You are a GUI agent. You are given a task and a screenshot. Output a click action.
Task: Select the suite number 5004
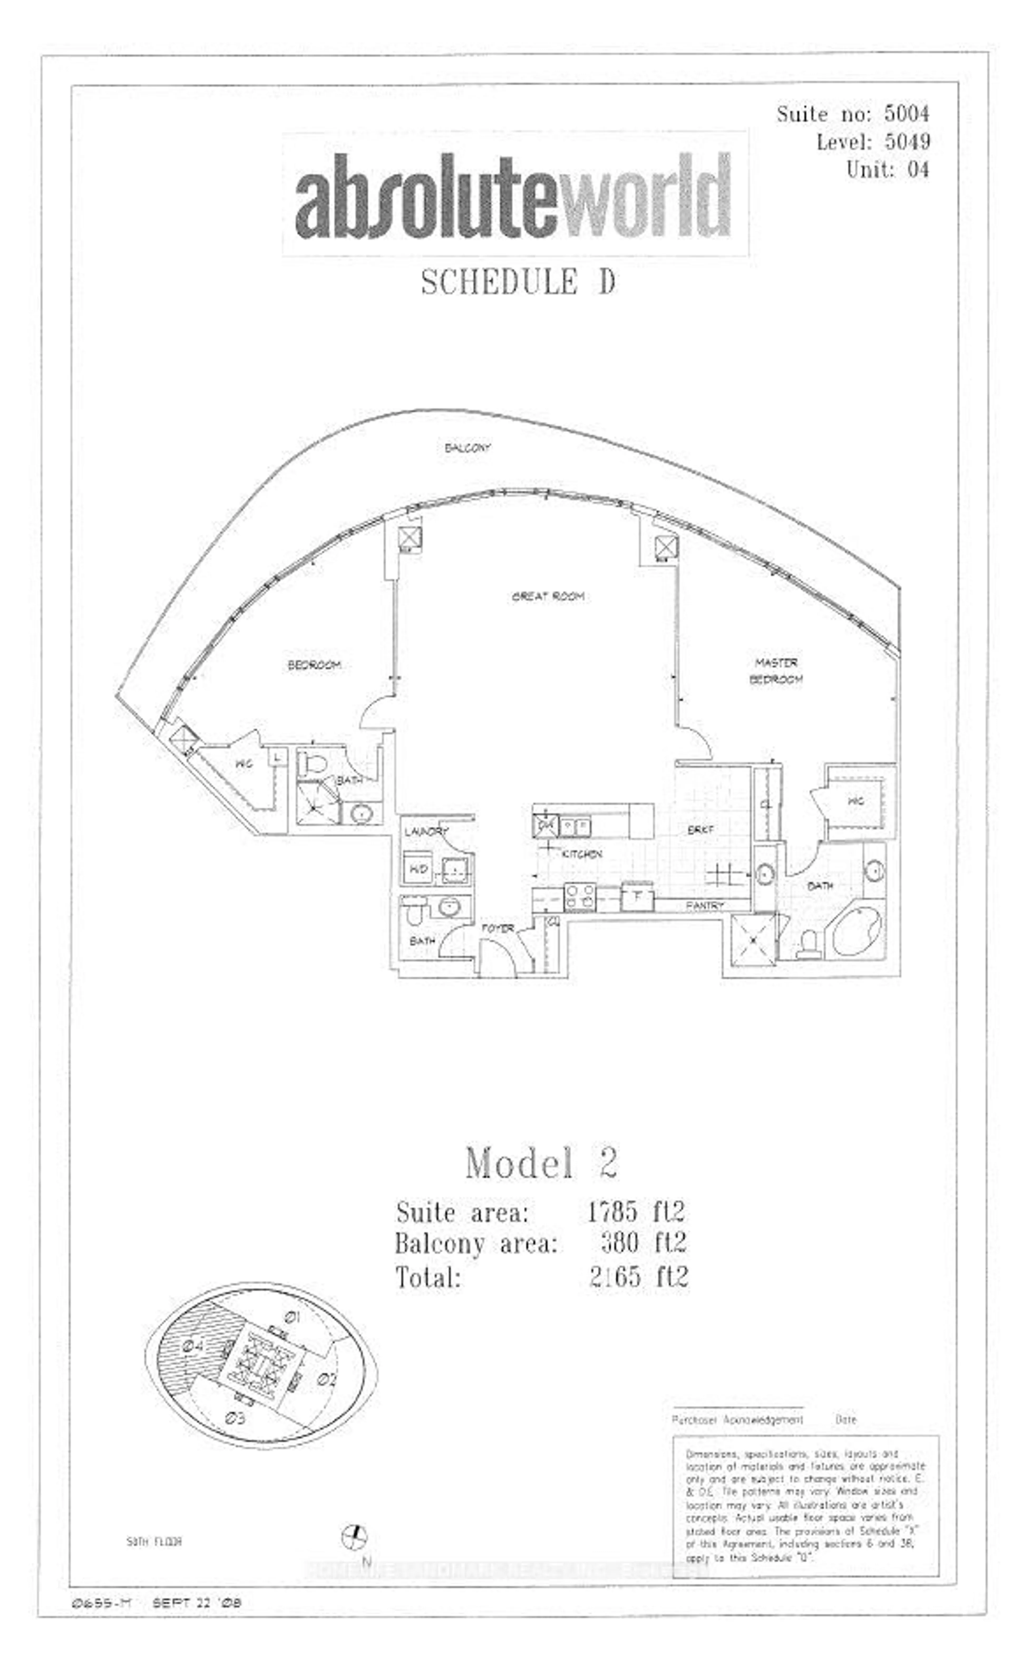(906, 114)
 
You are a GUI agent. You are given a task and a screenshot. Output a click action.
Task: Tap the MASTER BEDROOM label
(776, 670)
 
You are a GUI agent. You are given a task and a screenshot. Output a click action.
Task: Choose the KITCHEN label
(581, 855)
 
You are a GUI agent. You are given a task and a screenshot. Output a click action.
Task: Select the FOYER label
(497, 929)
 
